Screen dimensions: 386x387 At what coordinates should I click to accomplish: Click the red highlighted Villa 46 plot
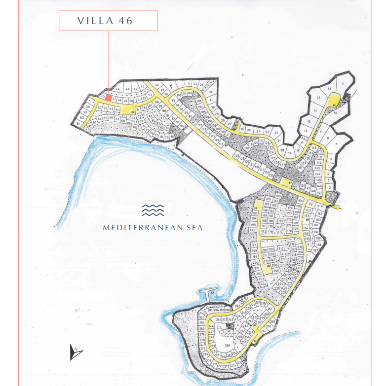[x=108, y=98]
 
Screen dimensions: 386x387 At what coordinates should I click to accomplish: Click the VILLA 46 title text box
[x=109, y=21]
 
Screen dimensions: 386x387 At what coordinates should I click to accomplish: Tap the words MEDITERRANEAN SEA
[x=153, y=228]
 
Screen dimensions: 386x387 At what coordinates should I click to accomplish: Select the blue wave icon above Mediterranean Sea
[x=153, y=211]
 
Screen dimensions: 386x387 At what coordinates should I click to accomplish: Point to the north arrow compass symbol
[x=76, y=351]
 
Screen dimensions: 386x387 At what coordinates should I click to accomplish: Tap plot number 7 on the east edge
[x=336, y=144]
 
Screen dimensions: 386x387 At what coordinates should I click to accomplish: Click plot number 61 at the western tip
[x=78, y=123]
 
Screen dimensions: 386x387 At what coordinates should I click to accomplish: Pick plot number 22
[x=276, y=134]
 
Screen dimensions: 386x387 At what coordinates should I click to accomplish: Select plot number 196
[x=253, y=230]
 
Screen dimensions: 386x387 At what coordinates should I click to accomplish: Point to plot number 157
[x=314, y=250]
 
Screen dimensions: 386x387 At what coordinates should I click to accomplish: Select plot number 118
[x=247, y=147]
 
